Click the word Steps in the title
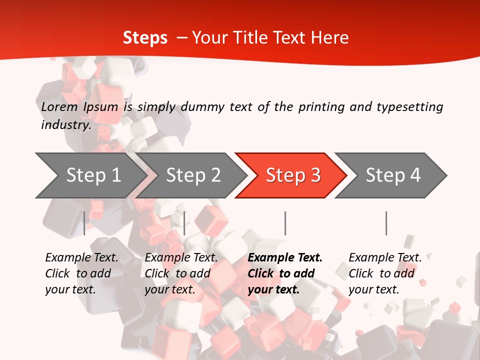coord(145,38)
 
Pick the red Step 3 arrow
coord(293,175)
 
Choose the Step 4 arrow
coord(393,175)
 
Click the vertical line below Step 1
coord(84,223)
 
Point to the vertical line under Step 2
coord(184,223)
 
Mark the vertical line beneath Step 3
coord(285,223)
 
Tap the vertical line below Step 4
coord(386,223)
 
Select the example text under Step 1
coord(81,273)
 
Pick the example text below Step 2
coord(181,273)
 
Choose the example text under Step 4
coord(385,273)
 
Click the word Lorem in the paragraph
coord(59,106)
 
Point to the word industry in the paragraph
coord(65,124)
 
